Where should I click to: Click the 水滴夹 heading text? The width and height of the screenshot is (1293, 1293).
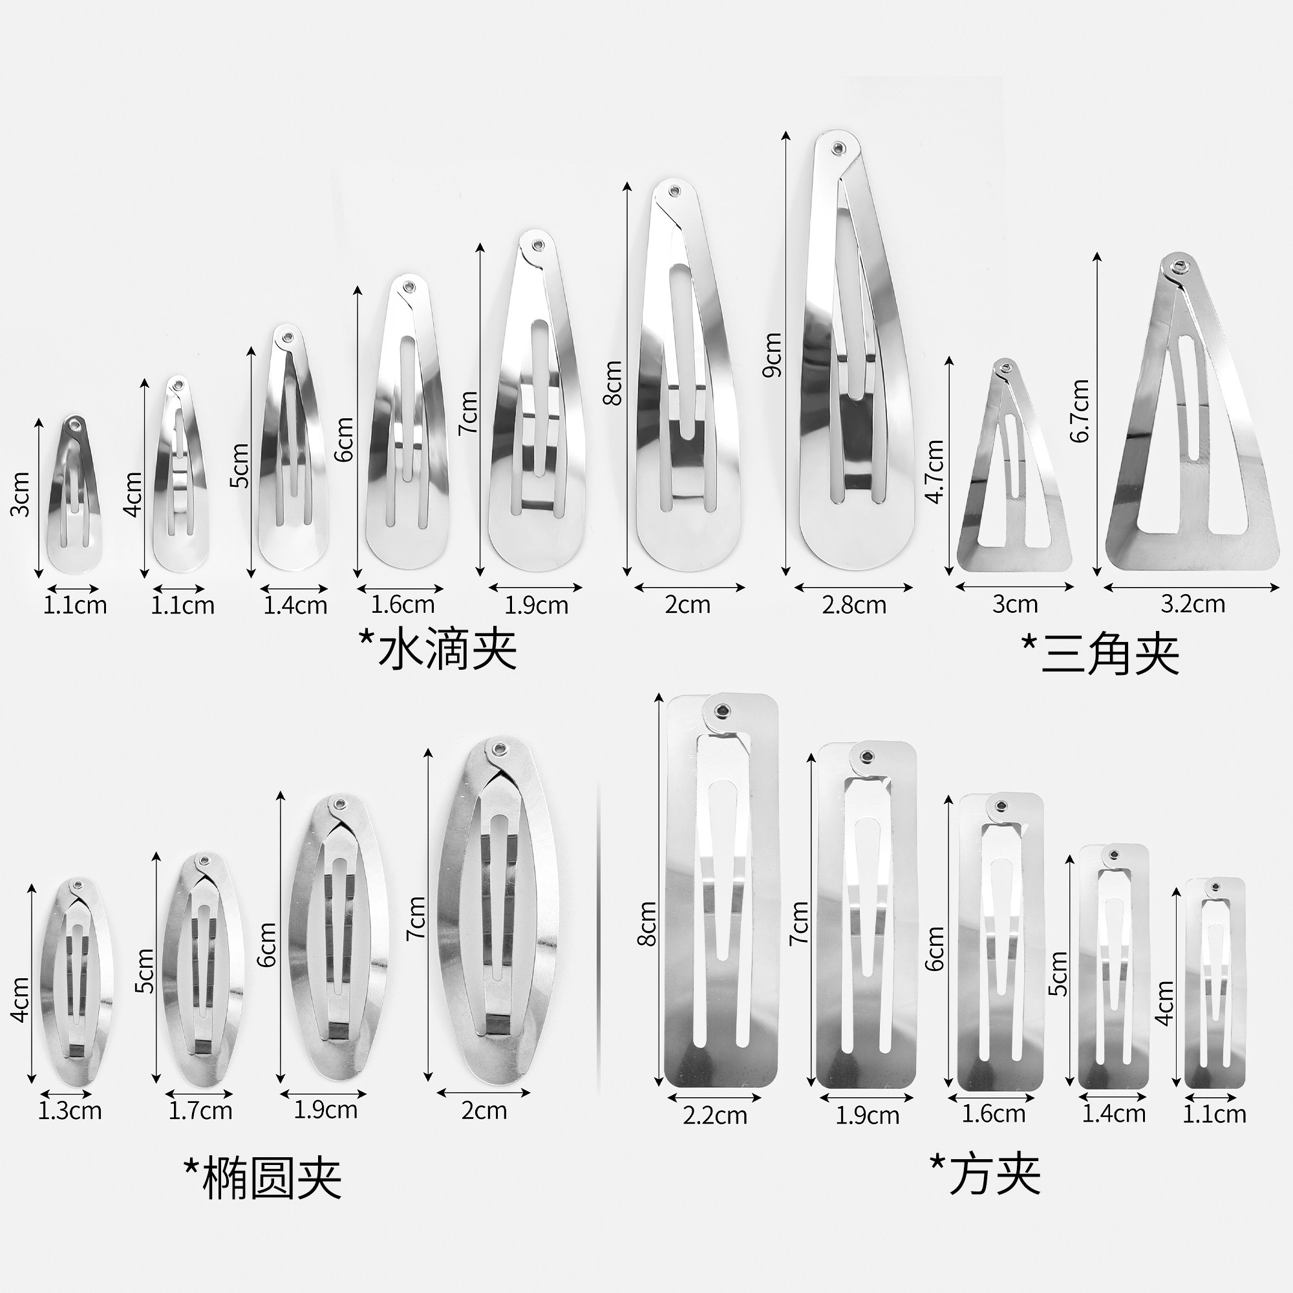[438, 648]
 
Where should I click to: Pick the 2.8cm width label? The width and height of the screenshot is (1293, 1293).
[854, 605]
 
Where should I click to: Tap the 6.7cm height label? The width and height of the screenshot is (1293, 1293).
[1079, 411]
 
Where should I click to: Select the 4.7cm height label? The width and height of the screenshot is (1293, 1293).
[934, 471]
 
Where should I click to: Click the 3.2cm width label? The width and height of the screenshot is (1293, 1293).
[1193, 604]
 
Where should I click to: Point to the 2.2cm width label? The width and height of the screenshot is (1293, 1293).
[715, 1116]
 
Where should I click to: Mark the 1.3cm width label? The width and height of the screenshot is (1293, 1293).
[70, 1111]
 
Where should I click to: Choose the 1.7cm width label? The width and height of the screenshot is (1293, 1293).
[200, 1111]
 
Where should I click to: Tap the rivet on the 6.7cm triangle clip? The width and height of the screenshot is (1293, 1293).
[1179, 266]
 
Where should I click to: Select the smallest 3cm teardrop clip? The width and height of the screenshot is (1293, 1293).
[74, 495]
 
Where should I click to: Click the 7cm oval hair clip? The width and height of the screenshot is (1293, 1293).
[497, 914]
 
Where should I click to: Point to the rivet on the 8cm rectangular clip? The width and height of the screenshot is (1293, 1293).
[722, 711]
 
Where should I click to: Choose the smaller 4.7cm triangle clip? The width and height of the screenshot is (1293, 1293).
[1012, 469]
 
